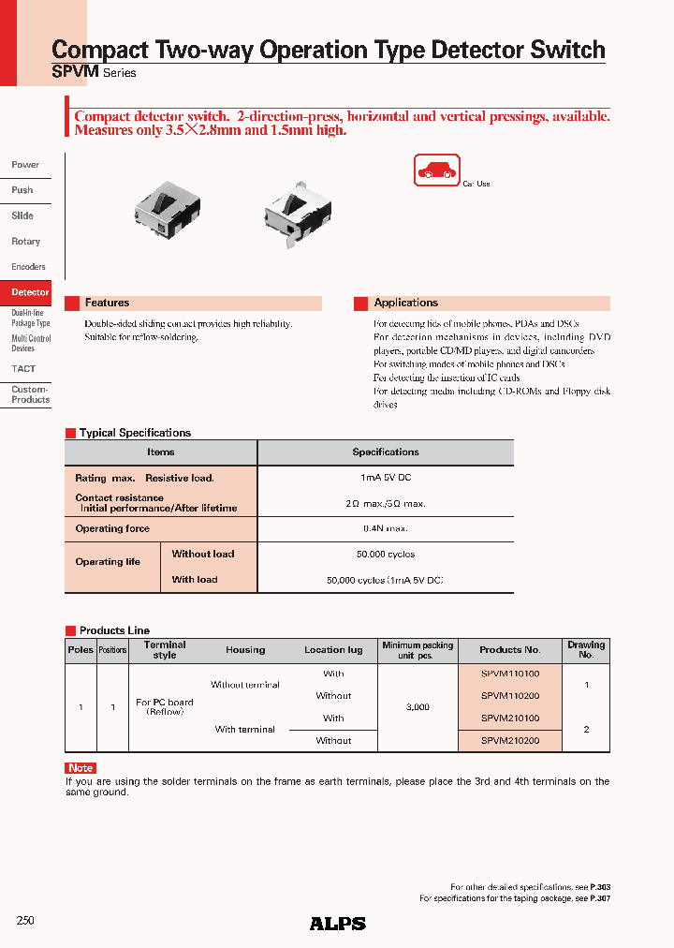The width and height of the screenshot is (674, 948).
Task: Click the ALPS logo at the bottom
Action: [338, 924]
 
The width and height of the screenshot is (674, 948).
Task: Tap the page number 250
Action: [25, 921]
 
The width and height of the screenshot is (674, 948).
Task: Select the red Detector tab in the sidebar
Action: [30, 292]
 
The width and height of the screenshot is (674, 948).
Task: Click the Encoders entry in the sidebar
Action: [28, 267]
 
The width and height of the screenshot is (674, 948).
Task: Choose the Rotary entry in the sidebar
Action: [26, 242]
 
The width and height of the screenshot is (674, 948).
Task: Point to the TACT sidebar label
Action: [24, 369]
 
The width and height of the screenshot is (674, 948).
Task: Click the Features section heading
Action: [107, 304]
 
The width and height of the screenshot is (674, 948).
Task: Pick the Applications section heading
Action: [405, 304]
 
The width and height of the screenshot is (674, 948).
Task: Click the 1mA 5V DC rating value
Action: [386, 478]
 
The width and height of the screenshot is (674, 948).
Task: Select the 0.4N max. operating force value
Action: [386, 529]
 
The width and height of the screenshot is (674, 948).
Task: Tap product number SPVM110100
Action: [509, 674]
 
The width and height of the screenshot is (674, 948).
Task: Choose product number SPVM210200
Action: [509, 741]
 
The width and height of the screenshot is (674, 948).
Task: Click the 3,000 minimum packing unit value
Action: [418, 707]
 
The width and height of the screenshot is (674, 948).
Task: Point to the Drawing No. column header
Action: [586, 649]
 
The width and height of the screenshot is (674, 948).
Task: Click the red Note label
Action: [81, 768]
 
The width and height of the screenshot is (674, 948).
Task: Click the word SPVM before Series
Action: [71, 72]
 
